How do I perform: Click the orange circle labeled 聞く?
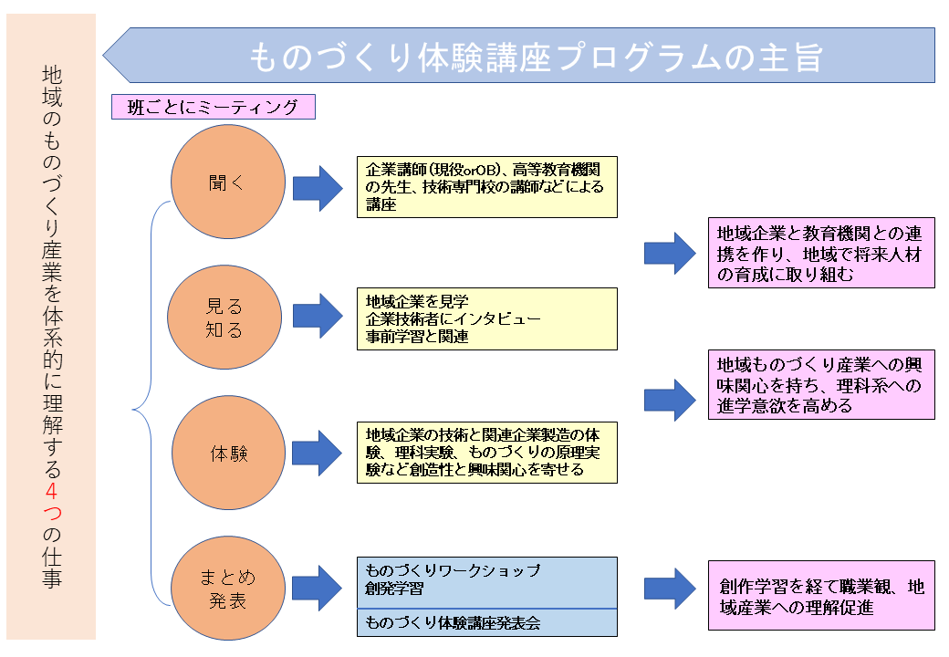[228, 182]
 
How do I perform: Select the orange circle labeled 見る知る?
[224, 317]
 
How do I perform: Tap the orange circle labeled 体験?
[229, 453]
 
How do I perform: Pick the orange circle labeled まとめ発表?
[228, 588]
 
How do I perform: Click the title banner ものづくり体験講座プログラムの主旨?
[519, 55]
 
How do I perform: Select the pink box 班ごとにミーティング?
[213, 107]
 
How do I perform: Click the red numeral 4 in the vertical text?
[51, 489]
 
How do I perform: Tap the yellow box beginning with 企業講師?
[487, 187]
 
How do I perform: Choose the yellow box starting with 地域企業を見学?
[487, 318]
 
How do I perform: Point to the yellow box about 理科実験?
[487, 453]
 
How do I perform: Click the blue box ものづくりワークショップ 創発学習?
[487, 582]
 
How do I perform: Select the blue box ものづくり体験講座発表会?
[487, 622]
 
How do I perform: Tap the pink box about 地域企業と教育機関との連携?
[821, 253]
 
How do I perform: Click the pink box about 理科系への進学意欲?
[821, 385]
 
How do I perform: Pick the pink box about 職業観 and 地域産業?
[821, 596]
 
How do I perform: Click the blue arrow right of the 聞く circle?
[318, 188]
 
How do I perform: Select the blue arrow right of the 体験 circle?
[318, 454]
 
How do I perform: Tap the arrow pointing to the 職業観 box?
[670, 589]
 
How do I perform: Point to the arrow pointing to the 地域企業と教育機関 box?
[670, 254]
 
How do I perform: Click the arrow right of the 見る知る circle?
[318, 316]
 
